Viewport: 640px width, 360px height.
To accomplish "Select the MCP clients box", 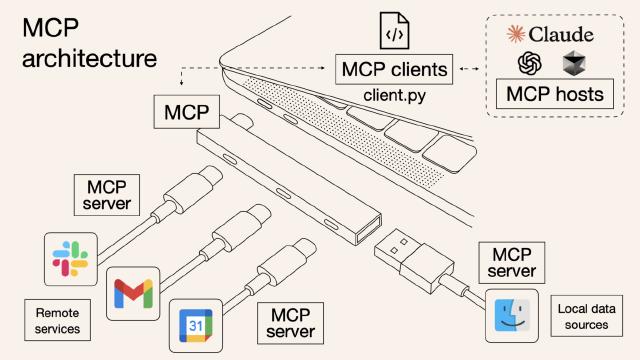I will coord(393,71).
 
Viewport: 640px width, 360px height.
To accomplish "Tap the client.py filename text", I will coord(394,98).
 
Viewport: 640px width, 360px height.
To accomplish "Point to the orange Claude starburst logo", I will coord(517,35).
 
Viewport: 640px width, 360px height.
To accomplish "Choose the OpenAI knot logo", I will coord(529,63).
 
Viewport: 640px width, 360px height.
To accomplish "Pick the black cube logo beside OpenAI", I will coord(572,64).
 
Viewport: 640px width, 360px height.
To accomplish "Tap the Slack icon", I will coord(70,259).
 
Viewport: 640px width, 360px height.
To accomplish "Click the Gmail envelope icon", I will coord(133,293).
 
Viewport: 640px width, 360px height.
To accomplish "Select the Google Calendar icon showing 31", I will coord(194,323).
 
